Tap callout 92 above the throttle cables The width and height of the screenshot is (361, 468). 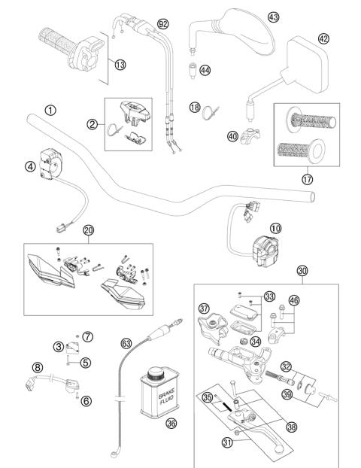pyautogui.click(x=163, y=24)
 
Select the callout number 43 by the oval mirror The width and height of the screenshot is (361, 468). pyautogui.click(x=273, y=17)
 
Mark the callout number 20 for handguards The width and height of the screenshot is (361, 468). pyautogui.click(x=89, y=230)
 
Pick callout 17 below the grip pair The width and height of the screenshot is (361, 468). pyautogui.click(x=306, y=178)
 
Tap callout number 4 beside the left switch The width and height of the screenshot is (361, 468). pyautogui.click(x=30, y=167)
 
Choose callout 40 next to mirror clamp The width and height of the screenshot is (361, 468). pyautogui.click(x=232, y=135)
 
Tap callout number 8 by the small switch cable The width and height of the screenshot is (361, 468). pyautogui.click(x=35, y=368)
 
